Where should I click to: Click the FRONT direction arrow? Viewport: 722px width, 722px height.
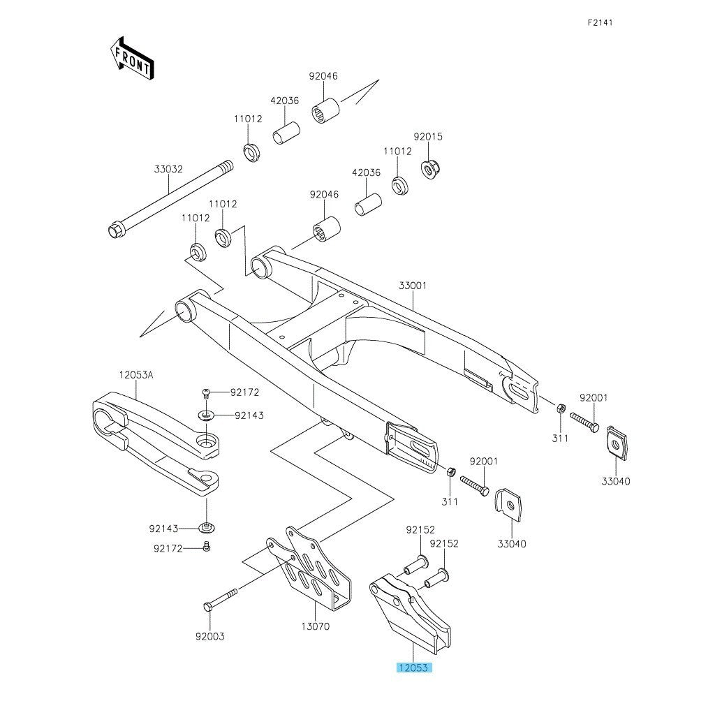[x=132, y=58]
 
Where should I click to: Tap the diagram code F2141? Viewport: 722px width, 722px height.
[x=600, y=22]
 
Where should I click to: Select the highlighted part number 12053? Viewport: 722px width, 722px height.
[x=415, y=668]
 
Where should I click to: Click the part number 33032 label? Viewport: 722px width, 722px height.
[x=168, y=169]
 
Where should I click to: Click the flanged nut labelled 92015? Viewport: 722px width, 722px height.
[x=428, y=169]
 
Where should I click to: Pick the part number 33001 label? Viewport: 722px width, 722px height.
[x=413, y=286]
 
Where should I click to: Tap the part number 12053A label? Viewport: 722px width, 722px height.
[x=135, y=375]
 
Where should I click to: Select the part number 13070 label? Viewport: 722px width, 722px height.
[x=315, y=626]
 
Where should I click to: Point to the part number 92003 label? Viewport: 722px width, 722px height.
[x=210, y=637]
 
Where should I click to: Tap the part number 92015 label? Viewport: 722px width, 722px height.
[x=428, y=137]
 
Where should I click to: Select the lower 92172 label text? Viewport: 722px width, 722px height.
[x=168, y=548]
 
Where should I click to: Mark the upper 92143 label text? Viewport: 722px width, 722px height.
[x=249, y=415]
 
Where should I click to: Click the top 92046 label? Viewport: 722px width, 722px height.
[x=323, y=76]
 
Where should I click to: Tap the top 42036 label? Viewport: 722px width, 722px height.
[x=285, y=101]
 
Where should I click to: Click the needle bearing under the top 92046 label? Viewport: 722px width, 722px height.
[x=326, y=110]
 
